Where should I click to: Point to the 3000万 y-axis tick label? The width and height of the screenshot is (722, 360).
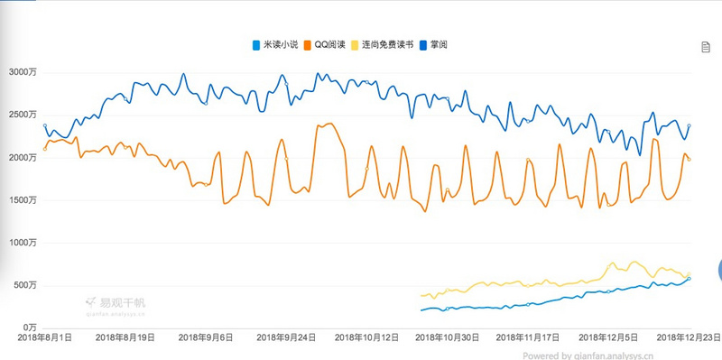[22, 73]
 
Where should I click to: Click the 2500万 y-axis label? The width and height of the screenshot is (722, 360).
[22, 115]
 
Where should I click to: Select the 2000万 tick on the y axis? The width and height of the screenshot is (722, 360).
[22, 158]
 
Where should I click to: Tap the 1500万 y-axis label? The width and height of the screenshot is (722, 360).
[22, 200]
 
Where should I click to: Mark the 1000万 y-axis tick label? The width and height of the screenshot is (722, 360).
[22, 243]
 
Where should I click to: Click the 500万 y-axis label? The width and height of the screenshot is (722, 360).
[24, 285]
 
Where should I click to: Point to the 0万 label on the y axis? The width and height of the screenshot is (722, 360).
[29, 328]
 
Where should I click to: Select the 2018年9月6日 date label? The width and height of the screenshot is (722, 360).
[206, 337]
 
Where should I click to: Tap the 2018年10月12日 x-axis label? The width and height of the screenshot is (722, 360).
[366, 337]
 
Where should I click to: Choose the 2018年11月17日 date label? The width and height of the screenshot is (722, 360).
[528, 337]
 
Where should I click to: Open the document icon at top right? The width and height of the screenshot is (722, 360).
[706, 47]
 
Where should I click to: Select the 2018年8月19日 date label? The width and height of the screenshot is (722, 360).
[125, 337]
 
